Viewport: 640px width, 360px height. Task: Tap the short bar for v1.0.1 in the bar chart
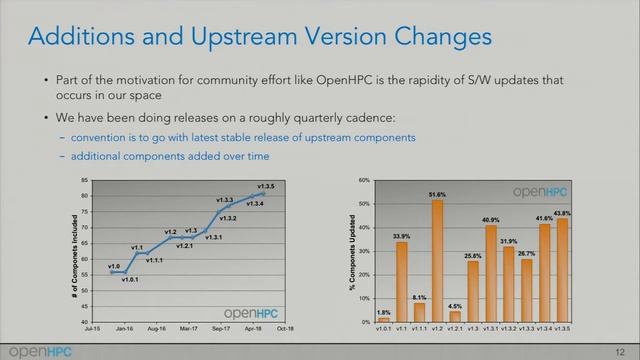[x=384, y=319]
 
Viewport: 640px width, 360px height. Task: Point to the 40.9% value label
[x=490, y=220]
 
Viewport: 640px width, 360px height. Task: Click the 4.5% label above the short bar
[x=455, y=306]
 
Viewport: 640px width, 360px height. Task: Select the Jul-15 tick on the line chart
[x=92, y=328]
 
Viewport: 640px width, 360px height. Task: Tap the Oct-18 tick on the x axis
[x=283, y=328]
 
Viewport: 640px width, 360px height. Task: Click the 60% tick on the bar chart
[x=364, y=181]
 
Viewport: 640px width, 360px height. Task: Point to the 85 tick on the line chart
[x=85, y=181]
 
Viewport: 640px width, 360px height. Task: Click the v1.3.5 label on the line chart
[x=266, y=186]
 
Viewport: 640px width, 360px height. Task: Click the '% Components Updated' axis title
[x=352, y=252]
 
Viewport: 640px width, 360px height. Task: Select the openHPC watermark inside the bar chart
[x=543, y=191]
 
